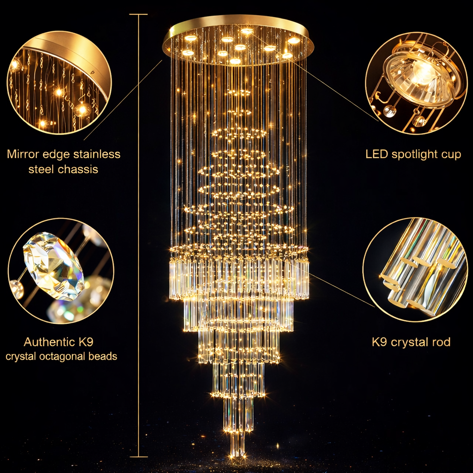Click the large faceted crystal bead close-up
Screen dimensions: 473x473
(x=54, y=266)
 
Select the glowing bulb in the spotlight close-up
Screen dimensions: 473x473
(x=423, y=74)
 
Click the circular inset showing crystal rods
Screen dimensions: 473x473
(x=415, y=270)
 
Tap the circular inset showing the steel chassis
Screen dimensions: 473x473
(x=59, y=83)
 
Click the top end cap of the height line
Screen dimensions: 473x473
(x=139, y=15)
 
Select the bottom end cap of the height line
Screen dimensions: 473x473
(x=139, y=457)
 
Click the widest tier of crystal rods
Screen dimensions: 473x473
(x=239, y=277)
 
